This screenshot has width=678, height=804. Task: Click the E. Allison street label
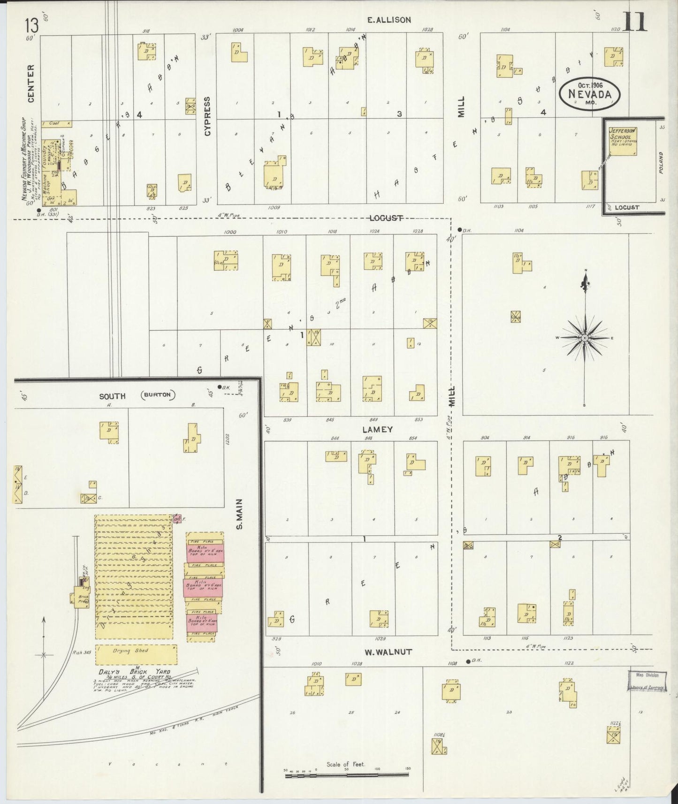389,20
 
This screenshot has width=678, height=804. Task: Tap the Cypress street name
207,116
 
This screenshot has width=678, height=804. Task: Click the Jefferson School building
623,141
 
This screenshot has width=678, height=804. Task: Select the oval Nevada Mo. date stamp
590,94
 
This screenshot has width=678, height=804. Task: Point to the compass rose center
585,338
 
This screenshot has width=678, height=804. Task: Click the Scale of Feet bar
347,776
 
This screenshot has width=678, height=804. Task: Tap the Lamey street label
377,429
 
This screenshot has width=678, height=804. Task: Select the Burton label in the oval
157,395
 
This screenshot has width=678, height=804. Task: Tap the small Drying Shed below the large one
137,654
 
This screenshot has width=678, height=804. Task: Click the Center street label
31,83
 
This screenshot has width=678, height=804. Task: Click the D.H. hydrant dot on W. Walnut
468,662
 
